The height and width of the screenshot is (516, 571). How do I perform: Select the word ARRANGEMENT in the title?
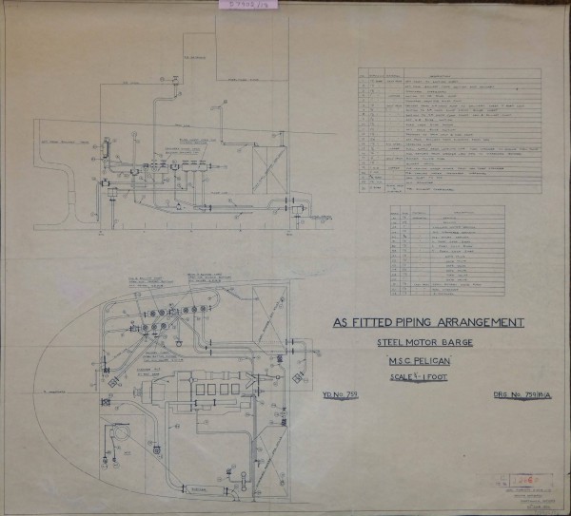482,323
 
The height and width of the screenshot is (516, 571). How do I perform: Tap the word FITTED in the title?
374,323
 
